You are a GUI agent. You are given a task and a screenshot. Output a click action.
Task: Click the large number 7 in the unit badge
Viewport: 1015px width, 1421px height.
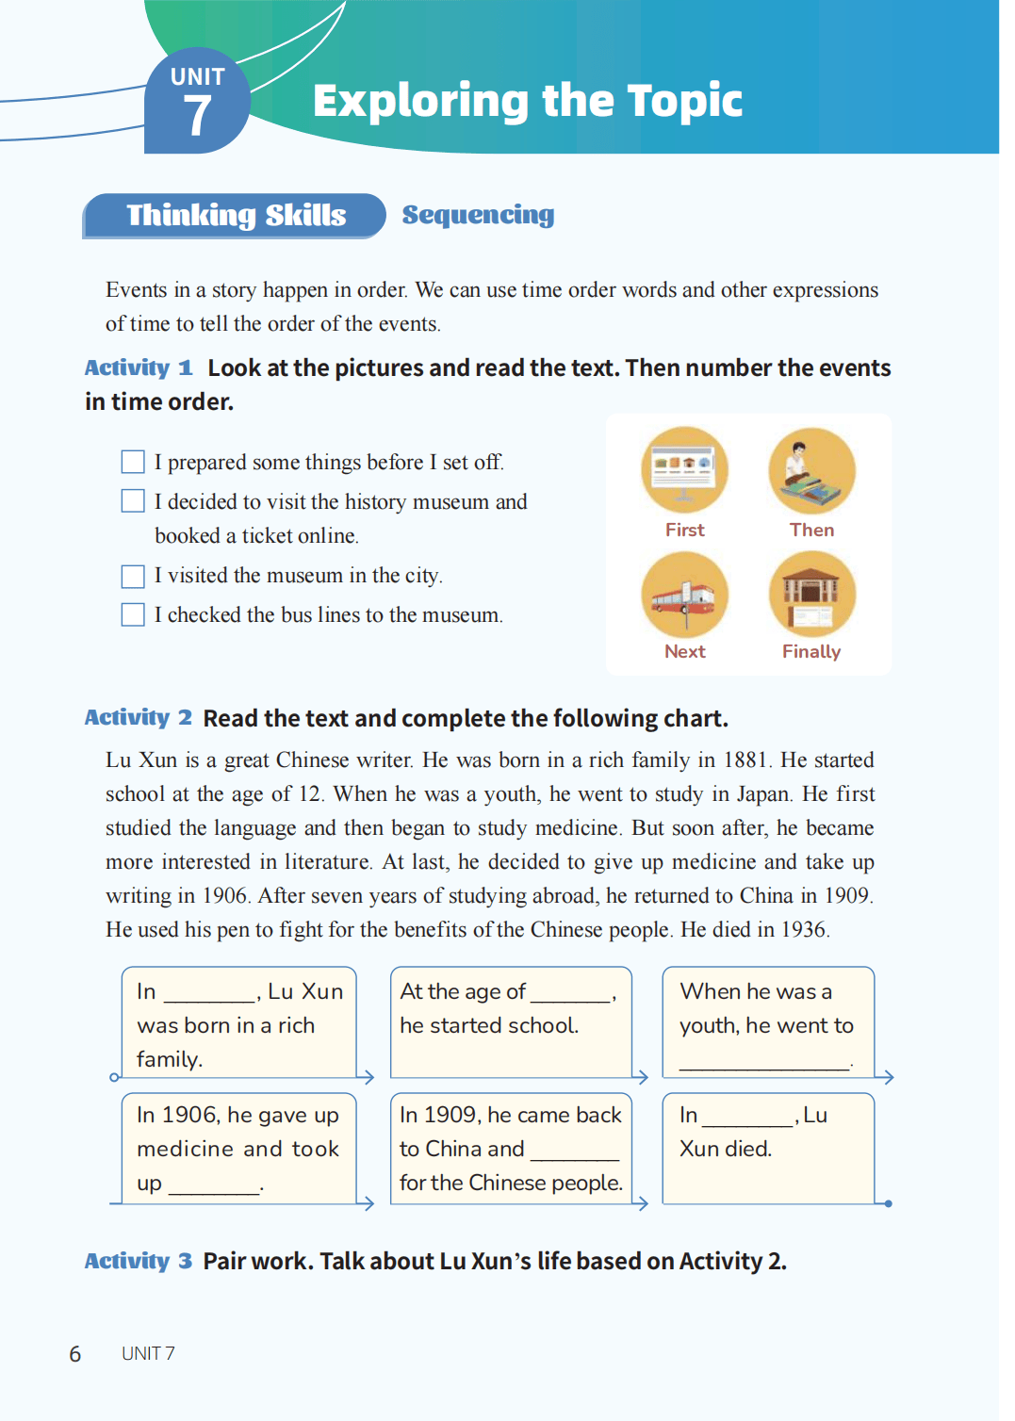pyautogui.click(x=197, y=117)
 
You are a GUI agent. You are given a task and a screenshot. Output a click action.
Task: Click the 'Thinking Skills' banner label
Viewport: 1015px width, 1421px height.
pyautogui.click(x=236, y=216)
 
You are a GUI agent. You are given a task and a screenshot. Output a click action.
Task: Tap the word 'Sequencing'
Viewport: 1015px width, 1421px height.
pyautogui.click(x=478, y=215)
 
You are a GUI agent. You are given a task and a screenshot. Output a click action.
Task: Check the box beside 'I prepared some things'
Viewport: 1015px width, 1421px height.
pyautogui.click(x=133, y=462)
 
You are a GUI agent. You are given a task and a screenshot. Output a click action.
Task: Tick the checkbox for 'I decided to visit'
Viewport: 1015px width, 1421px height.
pyautogui.click(x=133, y=500)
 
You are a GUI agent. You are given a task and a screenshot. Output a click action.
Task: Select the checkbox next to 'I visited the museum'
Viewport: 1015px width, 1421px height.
pyautogui.click(x=133, y=576)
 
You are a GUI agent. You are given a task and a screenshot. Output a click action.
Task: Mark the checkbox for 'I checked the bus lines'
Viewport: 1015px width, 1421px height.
pyautogui.click(x=133, y=614)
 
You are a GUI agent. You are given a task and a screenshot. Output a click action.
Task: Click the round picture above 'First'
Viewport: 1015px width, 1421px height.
pyautogui.click(x=685, y=470)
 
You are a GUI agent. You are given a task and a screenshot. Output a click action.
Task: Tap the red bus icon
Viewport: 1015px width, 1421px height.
pyautogui.click(x=685, y=596)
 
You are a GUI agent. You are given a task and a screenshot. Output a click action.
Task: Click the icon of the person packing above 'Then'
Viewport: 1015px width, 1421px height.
pyautogui.click(x=811, y=470)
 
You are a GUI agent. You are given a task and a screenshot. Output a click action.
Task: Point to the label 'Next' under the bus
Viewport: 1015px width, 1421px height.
pyautogui.click(x=685, y=651)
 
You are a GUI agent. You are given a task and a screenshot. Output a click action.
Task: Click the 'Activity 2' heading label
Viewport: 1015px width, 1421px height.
pyautogui.click(x=138, y=718)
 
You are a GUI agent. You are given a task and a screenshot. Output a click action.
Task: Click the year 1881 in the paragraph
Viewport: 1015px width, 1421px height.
pyautogui.click(x=746, y=760)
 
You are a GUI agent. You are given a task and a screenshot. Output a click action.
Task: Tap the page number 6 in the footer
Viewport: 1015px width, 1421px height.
pyautogui.click(x=75, y=1354)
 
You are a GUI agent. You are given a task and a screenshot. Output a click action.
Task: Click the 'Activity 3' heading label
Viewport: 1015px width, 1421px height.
pyautogui.click(x=138, y=1261)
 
